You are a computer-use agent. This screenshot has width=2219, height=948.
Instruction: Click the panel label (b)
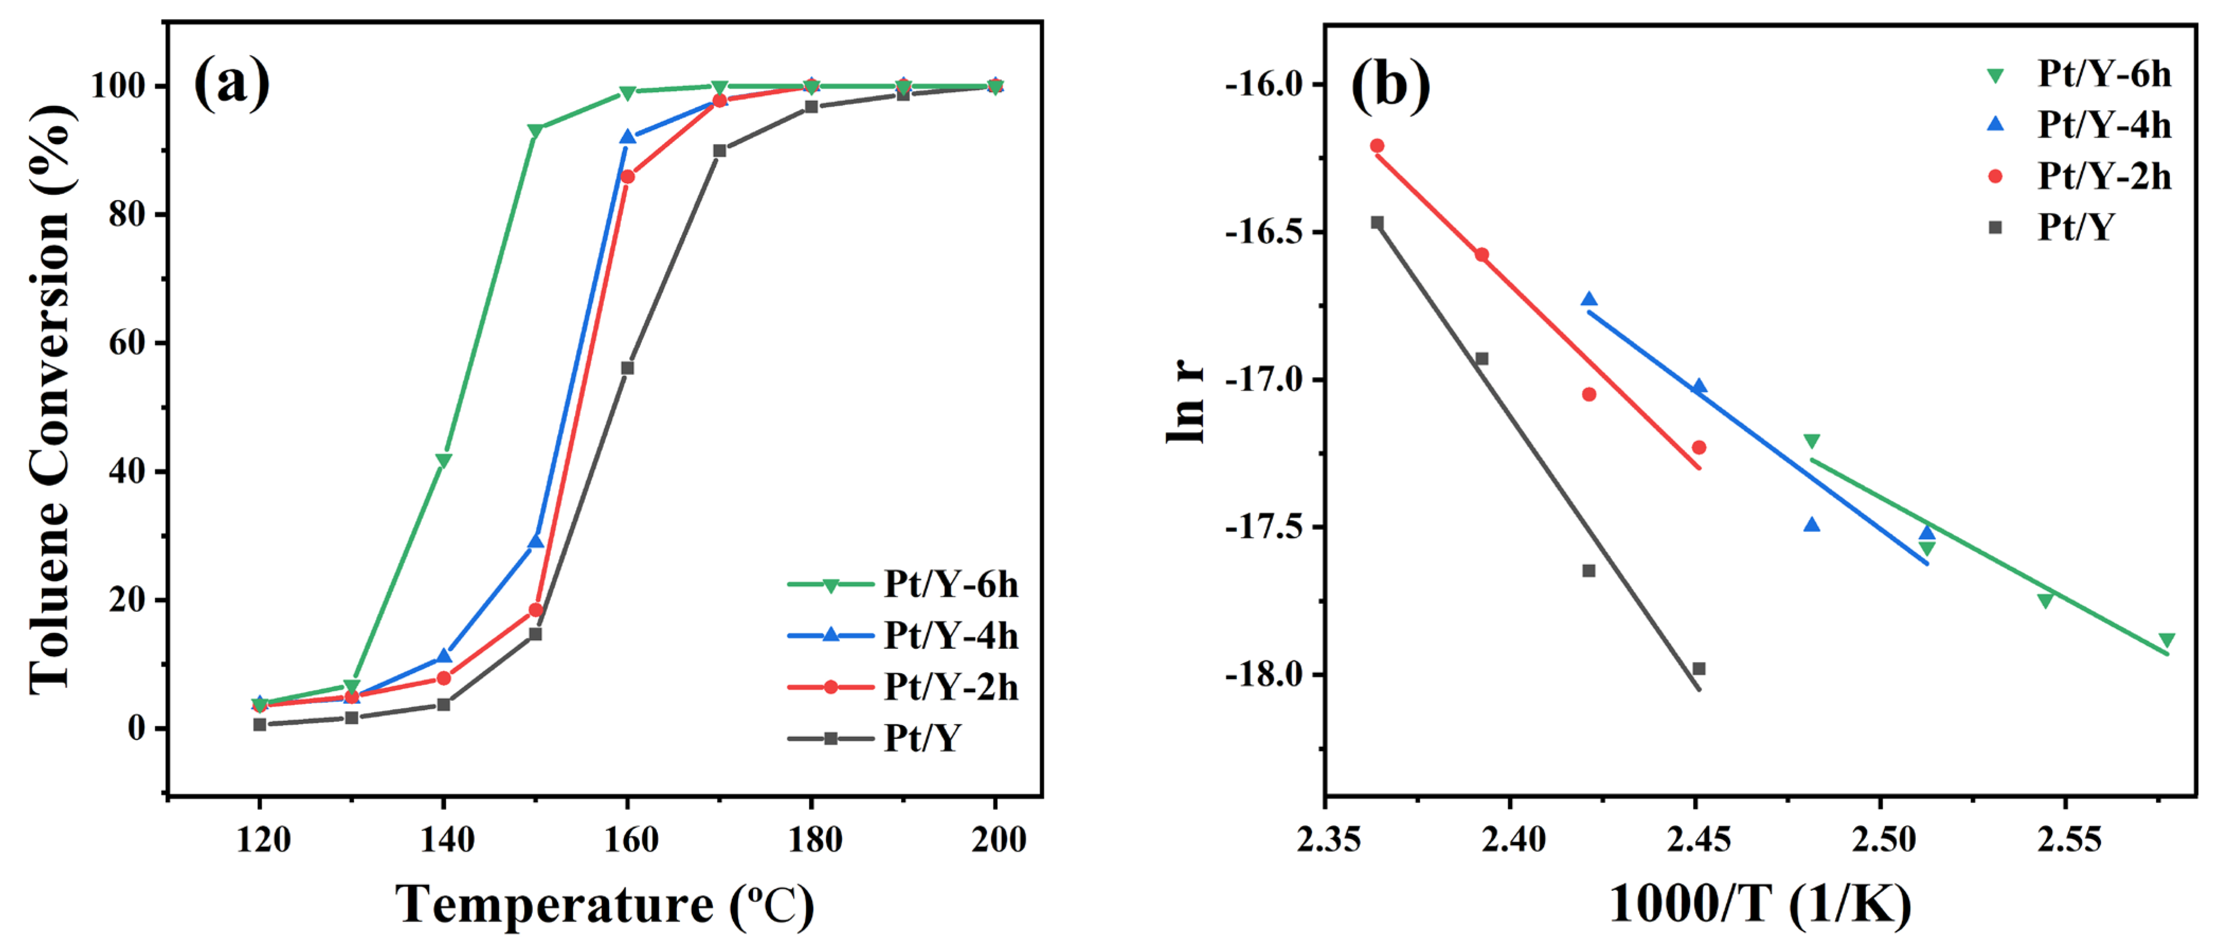tap(1390, 86)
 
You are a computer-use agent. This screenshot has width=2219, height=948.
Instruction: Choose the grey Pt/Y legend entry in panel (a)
tap(874, 739)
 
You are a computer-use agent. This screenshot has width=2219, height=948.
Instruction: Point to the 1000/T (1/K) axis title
tap(1760, 906)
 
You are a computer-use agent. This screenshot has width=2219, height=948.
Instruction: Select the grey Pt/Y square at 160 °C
tap(627, 368)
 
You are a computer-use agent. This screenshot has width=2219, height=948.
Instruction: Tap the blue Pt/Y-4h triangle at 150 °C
tap(536, 541)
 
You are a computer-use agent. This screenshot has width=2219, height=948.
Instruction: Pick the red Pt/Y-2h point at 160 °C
tap(627, 177)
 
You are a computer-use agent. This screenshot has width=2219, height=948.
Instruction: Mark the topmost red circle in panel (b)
tap(1376, 146)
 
